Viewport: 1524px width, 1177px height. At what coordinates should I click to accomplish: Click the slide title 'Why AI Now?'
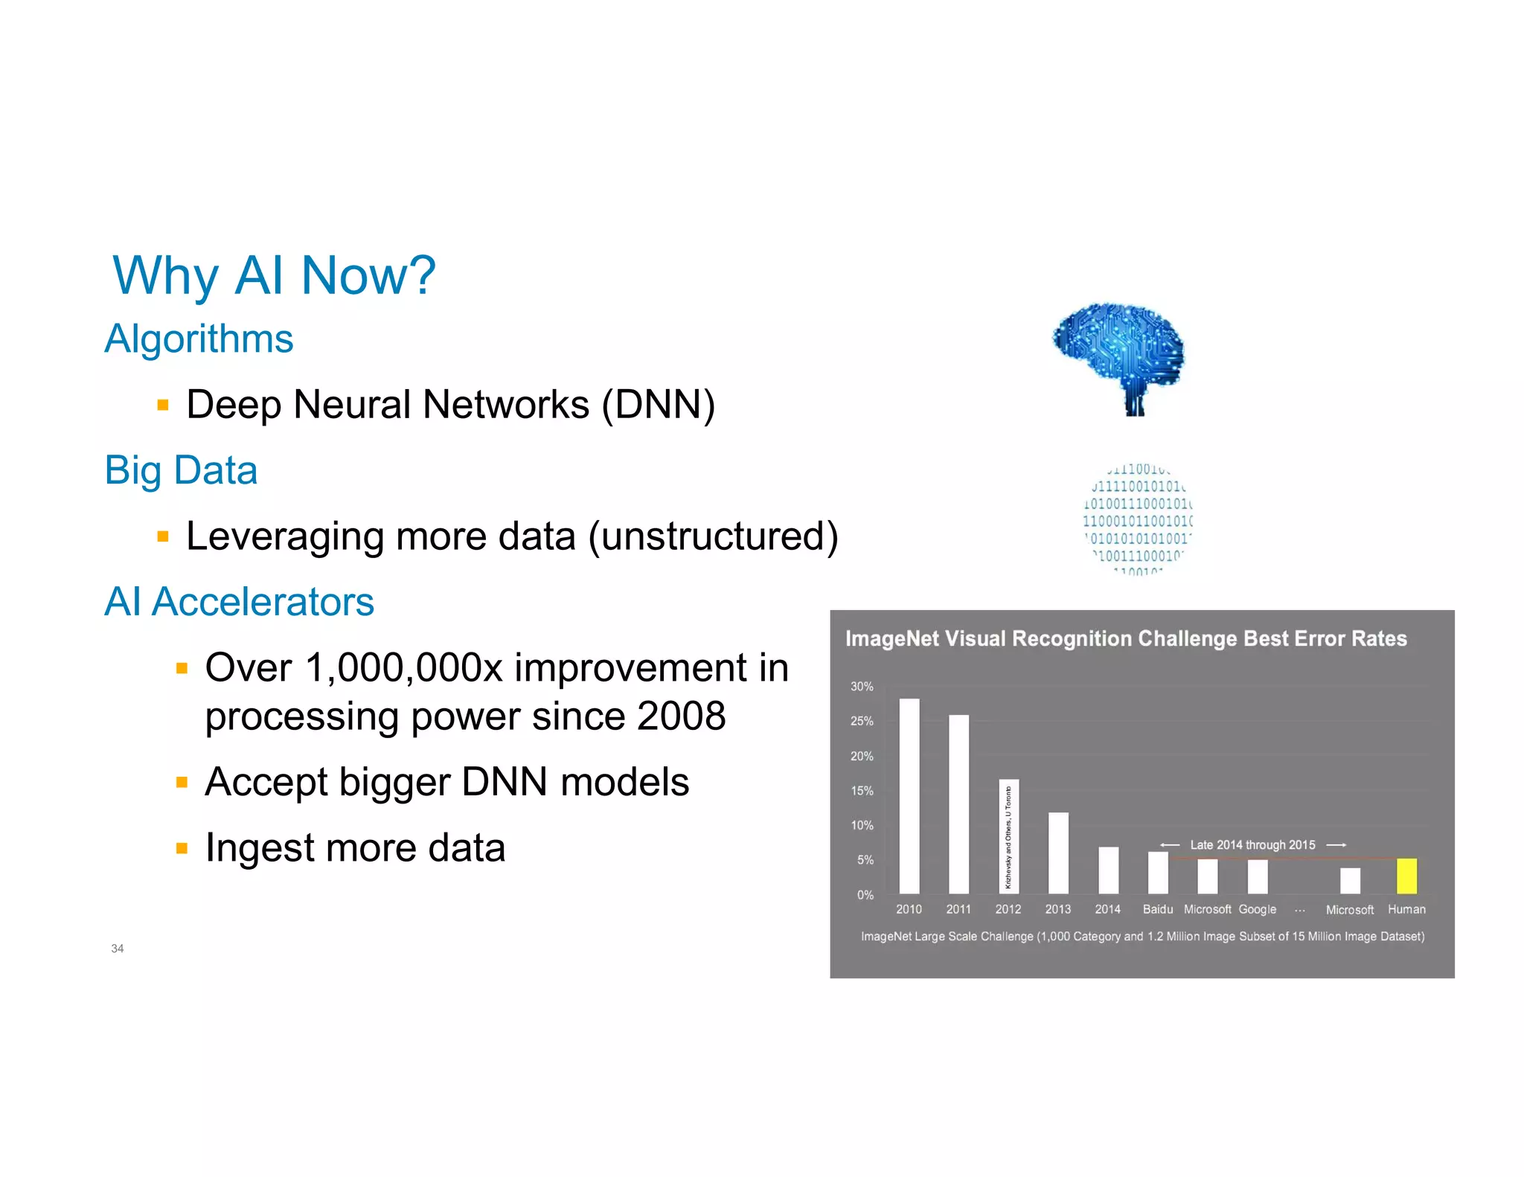(274, 276)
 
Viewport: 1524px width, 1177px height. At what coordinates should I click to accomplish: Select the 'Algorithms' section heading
(199, 339)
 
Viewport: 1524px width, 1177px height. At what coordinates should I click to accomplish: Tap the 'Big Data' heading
(181, 470)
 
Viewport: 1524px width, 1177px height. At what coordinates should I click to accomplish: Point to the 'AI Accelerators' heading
(239, 602)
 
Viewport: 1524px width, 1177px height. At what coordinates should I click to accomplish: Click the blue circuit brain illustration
(1118, 357)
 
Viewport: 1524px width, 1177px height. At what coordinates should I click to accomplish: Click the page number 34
(118, 949)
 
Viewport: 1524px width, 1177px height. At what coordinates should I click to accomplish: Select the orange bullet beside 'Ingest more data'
(182, 848)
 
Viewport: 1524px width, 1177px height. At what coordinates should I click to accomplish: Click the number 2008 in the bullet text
(681, 716)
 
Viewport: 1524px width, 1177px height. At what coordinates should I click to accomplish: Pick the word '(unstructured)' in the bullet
(713, 536)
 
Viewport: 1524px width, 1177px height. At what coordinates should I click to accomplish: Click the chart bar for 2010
(909, 796)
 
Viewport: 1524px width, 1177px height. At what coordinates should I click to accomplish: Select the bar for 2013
(1058, 853)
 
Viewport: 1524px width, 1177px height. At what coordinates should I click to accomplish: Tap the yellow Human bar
(1406, 876)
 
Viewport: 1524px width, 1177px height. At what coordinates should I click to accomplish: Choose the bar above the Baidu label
(1158, 873)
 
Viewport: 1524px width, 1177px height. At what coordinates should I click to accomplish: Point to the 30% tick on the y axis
(862, 687)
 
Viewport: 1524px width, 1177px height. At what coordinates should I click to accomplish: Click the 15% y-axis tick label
(862, 791)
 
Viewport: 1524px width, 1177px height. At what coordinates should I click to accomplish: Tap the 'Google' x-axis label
(1257, 909)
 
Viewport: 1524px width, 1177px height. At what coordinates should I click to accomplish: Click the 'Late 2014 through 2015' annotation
(1252, 845)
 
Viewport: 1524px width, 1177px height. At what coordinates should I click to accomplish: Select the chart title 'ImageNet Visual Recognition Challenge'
(1126, 639)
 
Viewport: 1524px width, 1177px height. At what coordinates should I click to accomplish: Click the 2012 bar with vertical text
(1008, 836)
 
